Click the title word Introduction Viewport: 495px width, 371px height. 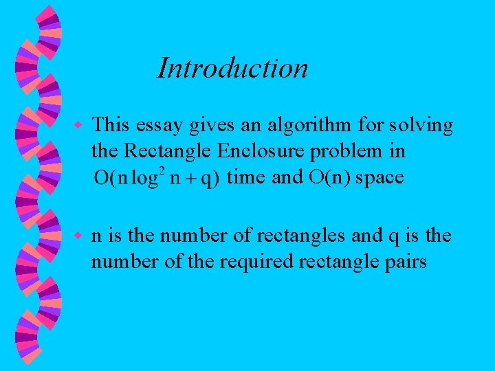pos(232,68)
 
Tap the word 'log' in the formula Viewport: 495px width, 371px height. pos(146,179)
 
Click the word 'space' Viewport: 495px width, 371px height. pos(379,179)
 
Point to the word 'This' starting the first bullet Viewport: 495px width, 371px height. pos(111,125)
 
